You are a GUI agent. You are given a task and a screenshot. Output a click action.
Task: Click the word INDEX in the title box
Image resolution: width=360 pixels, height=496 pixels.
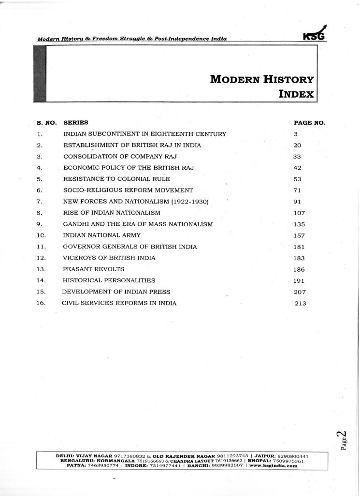(x=296, y=93)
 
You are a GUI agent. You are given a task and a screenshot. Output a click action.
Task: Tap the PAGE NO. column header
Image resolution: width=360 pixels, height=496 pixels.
(x=309, y=123)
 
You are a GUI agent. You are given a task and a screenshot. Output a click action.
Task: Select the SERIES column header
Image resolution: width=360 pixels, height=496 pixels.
(x=75, y=123)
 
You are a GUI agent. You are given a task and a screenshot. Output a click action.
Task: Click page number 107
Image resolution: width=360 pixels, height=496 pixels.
(x=299, y=213)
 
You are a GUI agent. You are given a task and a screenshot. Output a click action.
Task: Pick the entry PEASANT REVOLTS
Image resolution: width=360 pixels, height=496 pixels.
(x=93, y=269)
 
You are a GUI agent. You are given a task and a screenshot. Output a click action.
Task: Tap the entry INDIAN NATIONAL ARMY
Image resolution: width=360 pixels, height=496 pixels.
(x=102, y=235)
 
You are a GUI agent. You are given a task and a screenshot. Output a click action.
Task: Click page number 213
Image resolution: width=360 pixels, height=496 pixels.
(x=301, y=304)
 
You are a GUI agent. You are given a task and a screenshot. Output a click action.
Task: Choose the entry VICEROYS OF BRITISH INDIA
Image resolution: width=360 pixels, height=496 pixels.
(x=109, y=258)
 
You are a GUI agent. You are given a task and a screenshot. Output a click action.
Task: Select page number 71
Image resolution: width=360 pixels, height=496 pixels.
(x=297, y=190)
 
